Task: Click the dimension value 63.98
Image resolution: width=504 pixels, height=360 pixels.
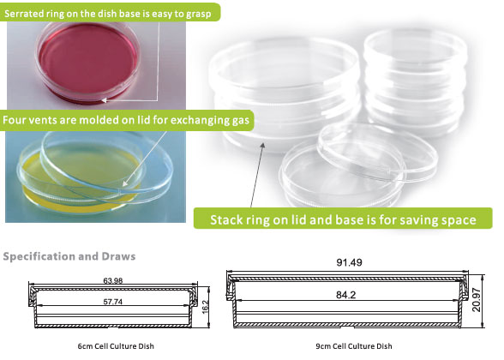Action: coord(113,280)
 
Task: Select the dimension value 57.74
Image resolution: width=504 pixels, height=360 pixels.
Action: coord(113,302)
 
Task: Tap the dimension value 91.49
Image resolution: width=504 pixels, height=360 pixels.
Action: coord(349,262)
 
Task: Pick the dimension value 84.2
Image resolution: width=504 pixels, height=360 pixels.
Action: coord(346,295)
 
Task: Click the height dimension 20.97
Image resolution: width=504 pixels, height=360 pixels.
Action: coord(476,300)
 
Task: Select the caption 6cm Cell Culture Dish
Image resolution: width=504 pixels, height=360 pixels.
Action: coord(116,346)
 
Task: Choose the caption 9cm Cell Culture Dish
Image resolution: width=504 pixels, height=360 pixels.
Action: coord(353,346)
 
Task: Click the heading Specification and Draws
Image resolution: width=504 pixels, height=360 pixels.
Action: coord(69,256)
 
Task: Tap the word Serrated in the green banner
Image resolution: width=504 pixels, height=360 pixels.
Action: coord(20,14)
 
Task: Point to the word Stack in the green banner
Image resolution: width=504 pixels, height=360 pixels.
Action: coord(226,219)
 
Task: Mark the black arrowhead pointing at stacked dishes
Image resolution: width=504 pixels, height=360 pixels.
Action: coord(262,146)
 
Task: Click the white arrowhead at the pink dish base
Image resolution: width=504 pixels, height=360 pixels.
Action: coord(105,100)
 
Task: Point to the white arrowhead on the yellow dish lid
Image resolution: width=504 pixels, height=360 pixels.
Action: coord(125,183)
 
